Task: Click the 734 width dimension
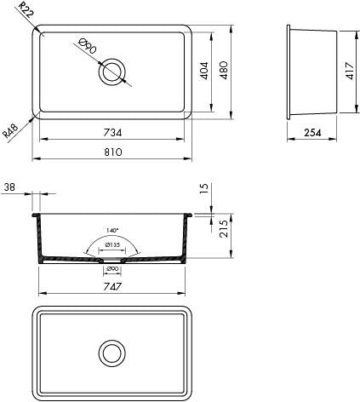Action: click(x=112, y=133)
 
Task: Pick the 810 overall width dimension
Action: click(x=112, y=152)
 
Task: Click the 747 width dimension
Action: click(x=112, y=288)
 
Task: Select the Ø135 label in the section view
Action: click(x=111, y=246)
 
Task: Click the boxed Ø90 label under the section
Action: click(x=112, y=270)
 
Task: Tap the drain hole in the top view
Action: click(x=111, y=72)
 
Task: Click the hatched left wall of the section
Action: click(x=37, y=243)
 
